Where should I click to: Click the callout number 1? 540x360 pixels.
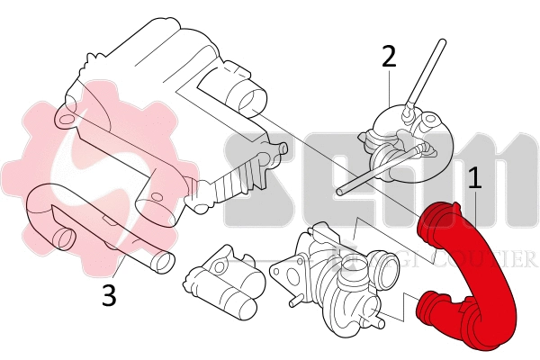[x=474, y=176]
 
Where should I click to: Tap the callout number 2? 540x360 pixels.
[x=389, y=56]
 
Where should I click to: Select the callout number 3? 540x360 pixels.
[x=109, y=295]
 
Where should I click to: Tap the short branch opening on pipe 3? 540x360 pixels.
[x=63, y=238]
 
